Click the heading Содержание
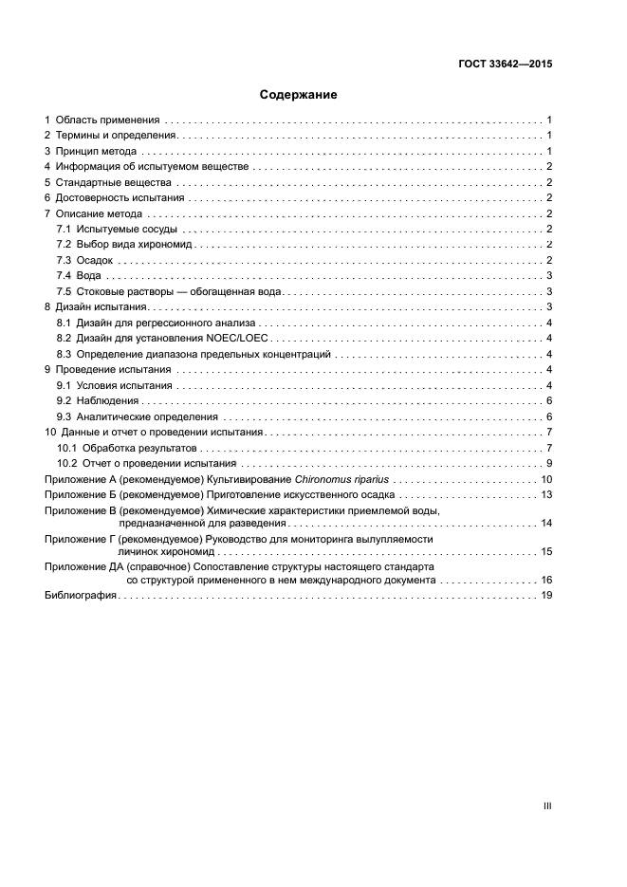(299, 95)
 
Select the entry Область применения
(106, 120)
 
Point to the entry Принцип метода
(96, 151)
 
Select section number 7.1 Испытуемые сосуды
(65, 229)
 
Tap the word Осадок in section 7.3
(95, 260)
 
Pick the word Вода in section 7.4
(90, 276)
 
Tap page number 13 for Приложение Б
(546, 494)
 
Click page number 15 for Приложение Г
(546, 551)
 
